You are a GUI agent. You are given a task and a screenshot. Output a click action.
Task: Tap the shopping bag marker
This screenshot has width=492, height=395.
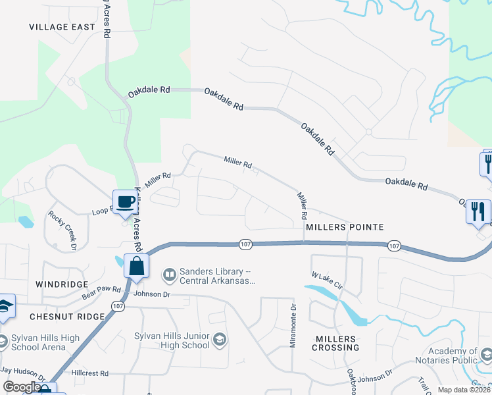(136, 267)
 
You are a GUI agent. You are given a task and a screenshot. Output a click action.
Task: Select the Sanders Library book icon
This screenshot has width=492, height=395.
(170, 273)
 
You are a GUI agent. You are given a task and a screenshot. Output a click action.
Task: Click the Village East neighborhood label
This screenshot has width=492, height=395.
(62, 27)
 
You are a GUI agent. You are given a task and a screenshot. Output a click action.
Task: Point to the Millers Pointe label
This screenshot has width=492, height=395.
(344, 226)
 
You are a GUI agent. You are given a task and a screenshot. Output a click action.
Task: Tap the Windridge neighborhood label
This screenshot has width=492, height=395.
(66, 284)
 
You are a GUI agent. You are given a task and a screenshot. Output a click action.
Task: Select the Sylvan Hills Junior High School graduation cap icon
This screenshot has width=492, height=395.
(220, 340)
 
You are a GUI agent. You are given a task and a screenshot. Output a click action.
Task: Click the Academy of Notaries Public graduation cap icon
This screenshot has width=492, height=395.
(485, 355)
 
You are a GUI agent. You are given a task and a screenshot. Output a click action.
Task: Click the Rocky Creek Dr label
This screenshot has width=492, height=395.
(63, 230)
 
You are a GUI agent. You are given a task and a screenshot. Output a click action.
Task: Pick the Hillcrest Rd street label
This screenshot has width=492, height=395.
(90, 373)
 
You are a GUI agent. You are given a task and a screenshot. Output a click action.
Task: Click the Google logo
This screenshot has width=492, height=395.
(21, 388)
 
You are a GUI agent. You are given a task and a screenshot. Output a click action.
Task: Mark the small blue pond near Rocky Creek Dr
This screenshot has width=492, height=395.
(26, 222)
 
